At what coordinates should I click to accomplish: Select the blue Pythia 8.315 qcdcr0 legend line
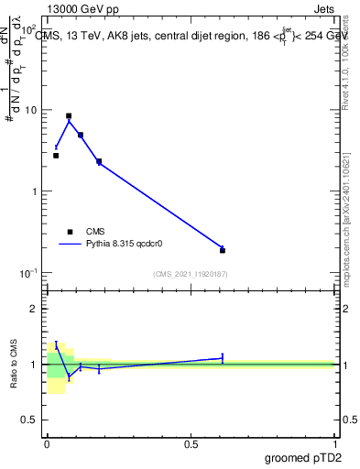coord(69,245)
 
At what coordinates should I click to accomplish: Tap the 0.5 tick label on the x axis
coord(191,443)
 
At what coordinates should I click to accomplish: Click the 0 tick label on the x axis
coord(47,443)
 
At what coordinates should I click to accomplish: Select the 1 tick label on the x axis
coord(334,443)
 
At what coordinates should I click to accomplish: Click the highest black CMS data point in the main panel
coord(69,116)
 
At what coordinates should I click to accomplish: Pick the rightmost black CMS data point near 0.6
coord(223,250)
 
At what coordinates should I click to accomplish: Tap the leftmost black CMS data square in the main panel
coord(56,156)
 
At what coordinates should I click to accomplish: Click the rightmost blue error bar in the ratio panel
coord(223,358)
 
